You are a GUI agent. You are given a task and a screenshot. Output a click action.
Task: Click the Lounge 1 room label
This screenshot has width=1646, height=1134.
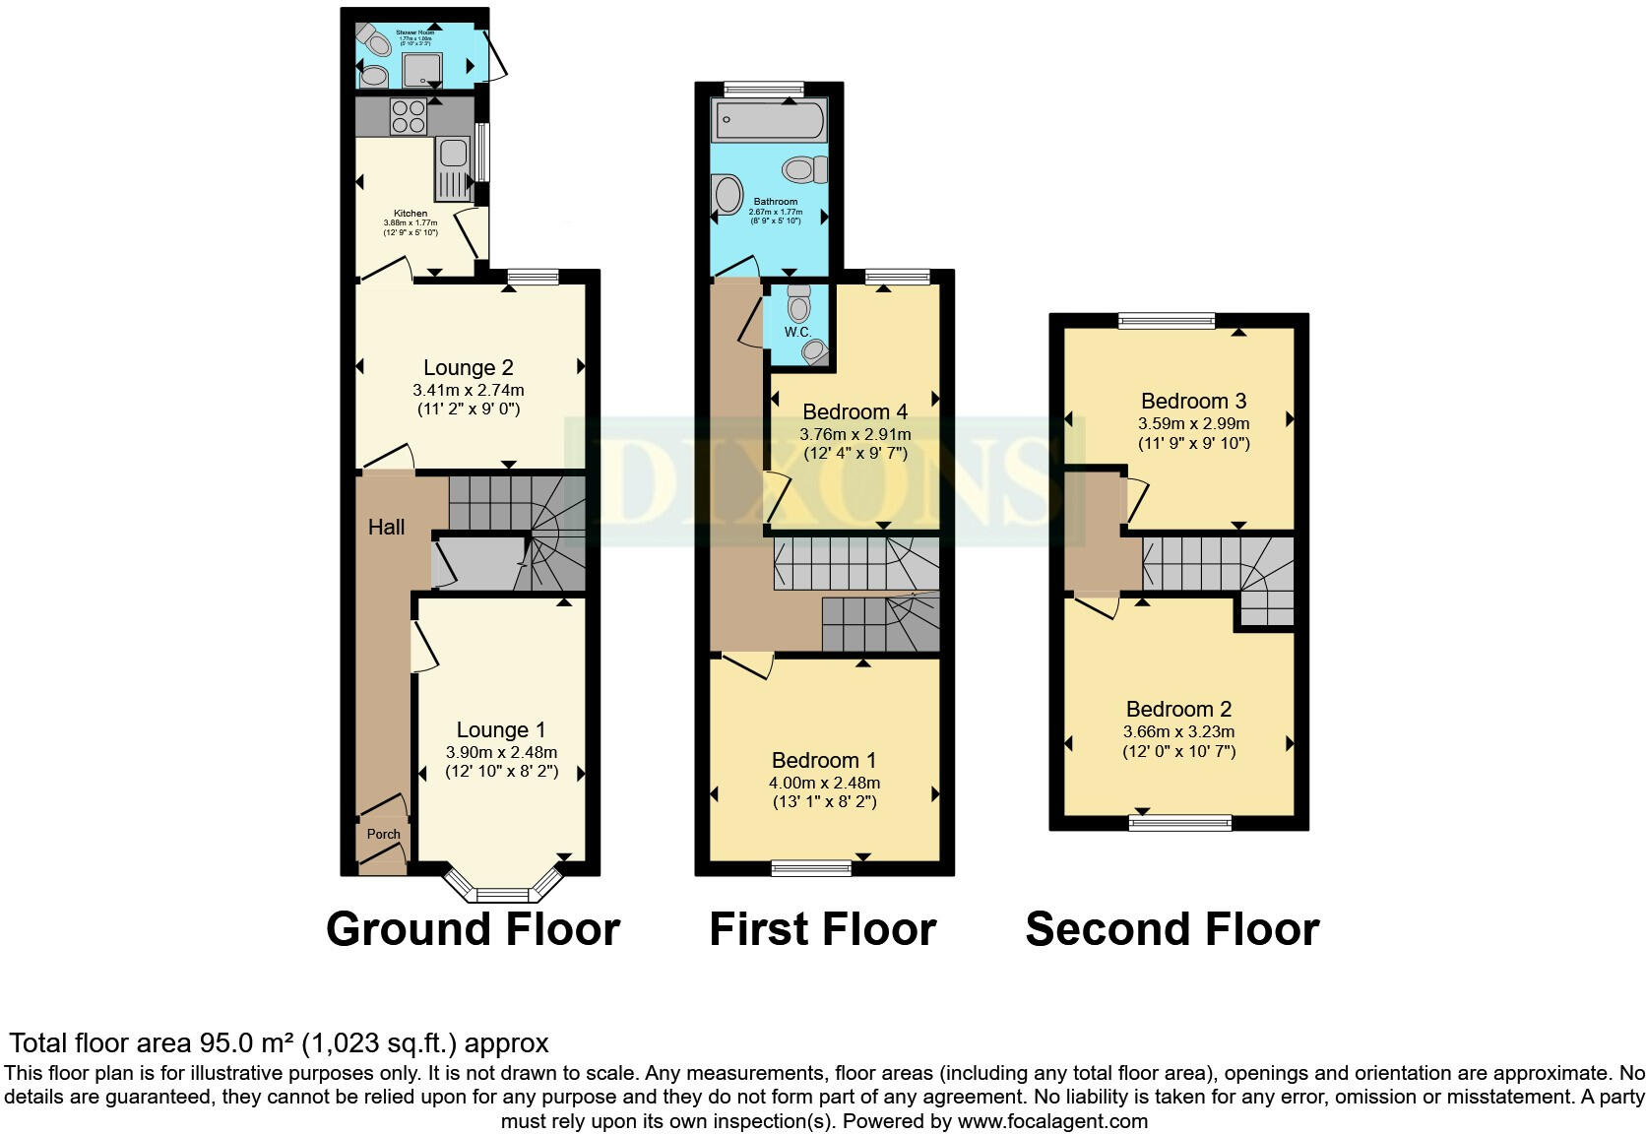click(500, 729)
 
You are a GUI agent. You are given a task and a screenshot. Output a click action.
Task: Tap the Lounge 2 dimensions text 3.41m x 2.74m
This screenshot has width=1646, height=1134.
click(468, 390)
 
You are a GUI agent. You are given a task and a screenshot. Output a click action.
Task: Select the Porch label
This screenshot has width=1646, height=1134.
click(383, 834)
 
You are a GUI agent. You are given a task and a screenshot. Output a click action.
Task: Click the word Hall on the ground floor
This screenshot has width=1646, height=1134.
click(386, 527)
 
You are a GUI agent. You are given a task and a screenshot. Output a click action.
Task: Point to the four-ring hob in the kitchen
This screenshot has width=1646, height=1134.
click(409, 117)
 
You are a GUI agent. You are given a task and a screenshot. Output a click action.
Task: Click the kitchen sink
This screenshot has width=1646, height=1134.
click(453, 154)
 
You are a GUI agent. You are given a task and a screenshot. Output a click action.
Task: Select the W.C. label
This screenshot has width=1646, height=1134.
click(797, 332)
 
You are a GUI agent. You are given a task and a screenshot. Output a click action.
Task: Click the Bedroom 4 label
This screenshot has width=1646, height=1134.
click(855, 411)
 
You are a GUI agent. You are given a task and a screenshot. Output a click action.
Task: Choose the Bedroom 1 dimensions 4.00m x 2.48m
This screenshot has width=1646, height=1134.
click(824, 783)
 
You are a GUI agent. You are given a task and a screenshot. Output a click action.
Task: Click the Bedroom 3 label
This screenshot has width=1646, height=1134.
click(1193, 401)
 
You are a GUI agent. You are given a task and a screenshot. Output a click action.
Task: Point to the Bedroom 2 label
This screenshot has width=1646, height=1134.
click(1178, 709)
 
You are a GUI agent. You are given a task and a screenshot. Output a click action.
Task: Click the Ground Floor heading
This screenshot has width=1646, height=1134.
click(473, 929)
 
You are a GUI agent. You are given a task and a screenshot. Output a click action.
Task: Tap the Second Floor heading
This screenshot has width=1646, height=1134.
click(1171, 929)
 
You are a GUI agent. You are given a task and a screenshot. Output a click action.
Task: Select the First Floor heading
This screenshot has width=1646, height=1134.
click(822, 929)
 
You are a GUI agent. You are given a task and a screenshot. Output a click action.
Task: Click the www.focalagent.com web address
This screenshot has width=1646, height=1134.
click(1051, 1120)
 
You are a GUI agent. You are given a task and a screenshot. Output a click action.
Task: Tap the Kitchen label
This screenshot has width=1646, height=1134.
click(411, 213)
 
